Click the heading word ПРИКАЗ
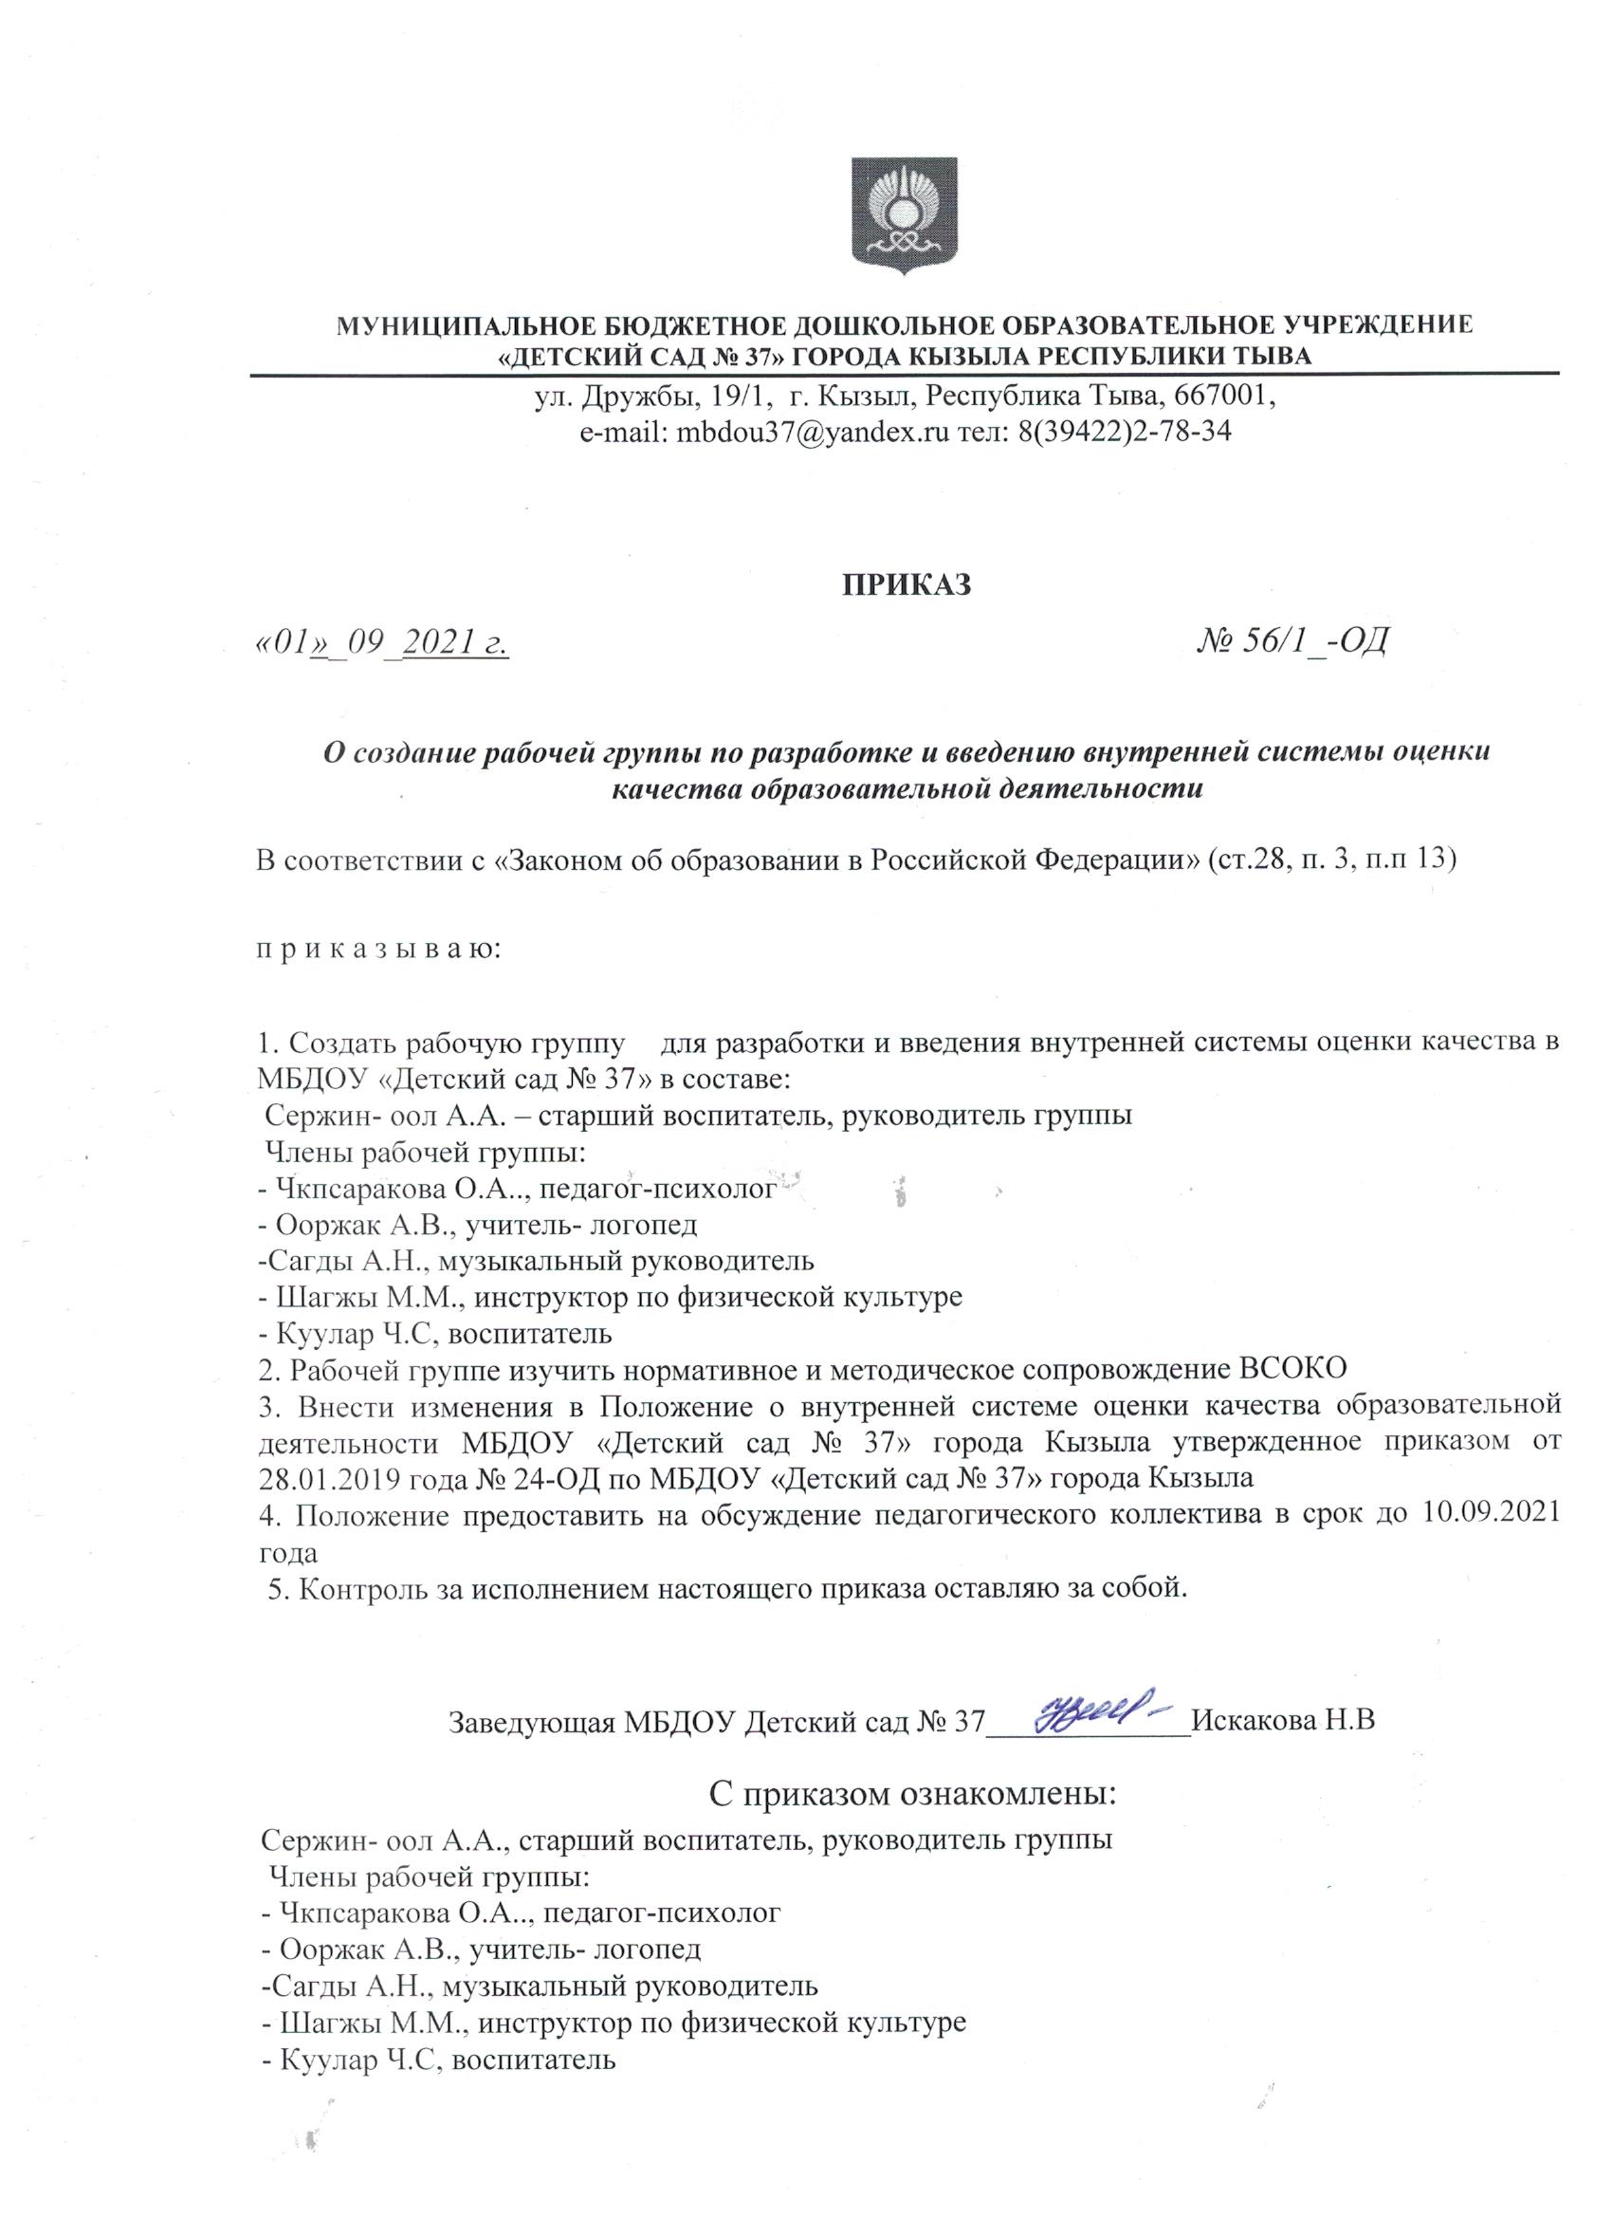[907, 583]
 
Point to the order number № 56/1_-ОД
[1292, 640]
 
